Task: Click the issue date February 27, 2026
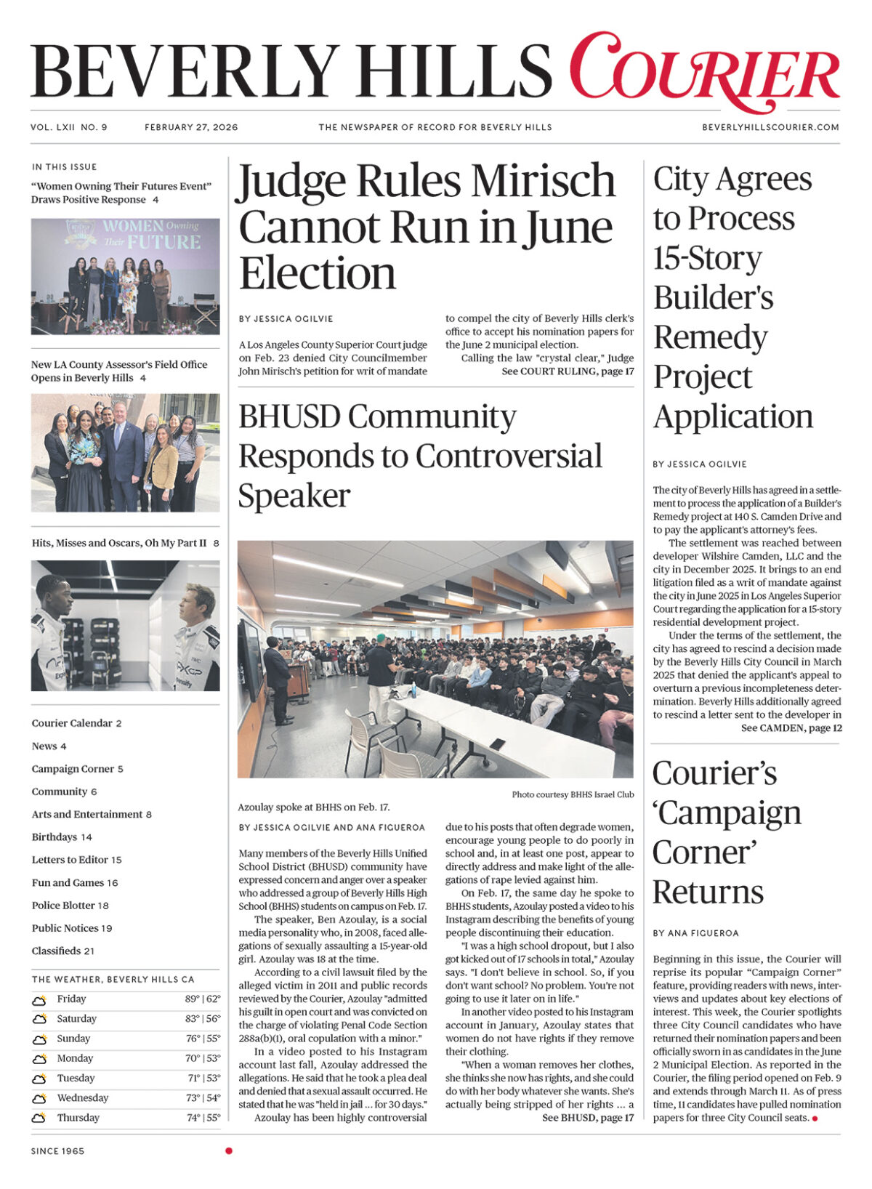pyautogui.click(x=191, y=127)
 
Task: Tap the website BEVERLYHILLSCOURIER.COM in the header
pyautogui.click(x=770, y=127)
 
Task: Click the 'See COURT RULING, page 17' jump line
pyautogui.click(x=568, y=371)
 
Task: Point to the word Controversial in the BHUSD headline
pyautogui.click(x=509, y=456)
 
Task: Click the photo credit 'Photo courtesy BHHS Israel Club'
pyautogui.click(x=573, y=794)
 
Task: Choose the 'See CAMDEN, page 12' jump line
pyautogui.click(x=791, y=727)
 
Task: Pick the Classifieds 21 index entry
pyautogui.click(x=63, y=951)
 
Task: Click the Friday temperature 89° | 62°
pyautogui.click(x=202, y=999)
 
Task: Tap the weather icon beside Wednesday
pyautogui.click(x=39, y=1099)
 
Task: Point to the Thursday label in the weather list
pyautogui.click(x=78, y=1118)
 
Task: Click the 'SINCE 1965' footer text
pyautogui.click(x=57, y=1151)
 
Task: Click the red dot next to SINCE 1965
pyautogui.click(x=229, y=1150)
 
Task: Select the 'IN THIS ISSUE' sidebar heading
pyautogui.click(x=64, y=167)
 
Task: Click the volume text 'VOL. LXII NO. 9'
pyautogui.click(x=69, y=127)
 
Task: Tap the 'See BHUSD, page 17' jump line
pyautogui.click(x=588, y=1118)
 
